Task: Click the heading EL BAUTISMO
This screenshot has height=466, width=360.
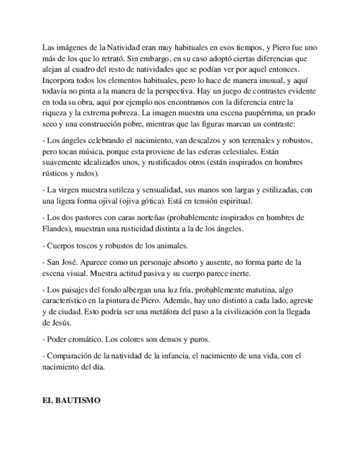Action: pyautogui.click(x=71, y=401)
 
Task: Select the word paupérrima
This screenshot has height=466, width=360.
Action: pyautogui.click(x=263, y=113)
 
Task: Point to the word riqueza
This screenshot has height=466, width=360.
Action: pyautogui.click(x=55, y=113)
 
